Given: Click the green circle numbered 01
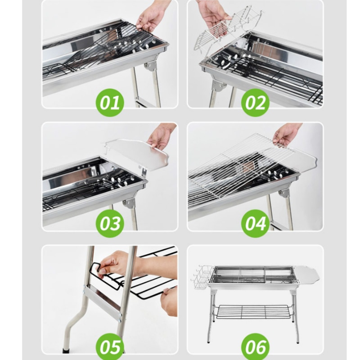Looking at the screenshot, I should coord(110,102).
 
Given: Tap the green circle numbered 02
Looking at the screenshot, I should coord(255,102).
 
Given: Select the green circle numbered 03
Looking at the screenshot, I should coord(110,224).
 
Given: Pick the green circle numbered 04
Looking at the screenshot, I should coord(255,224).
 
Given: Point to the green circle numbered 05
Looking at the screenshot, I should coord(110,346).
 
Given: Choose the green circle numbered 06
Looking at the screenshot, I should coord(255,346).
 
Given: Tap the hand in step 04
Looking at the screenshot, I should coord(286,134).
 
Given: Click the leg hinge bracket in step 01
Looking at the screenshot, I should coord(150,66).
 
